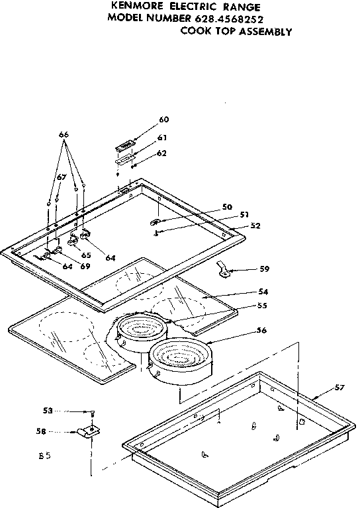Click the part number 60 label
[x=164, y=120]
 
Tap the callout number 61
[x=162, y=138]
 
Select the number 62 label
[x=162, y=153]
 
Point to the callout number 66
[x=64, y=135]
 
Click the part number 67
[x=61, y=177]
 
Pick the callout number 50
[x=227, y=207]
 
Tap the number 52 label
[x=255, y=226]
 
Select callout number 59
[x=264, y=269]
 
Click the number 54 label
[x=263, y=292]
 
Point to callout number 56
[x=262, y=330]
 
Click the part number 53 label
[x=47, y=411]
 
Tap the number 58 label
[x=41, y=431]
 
